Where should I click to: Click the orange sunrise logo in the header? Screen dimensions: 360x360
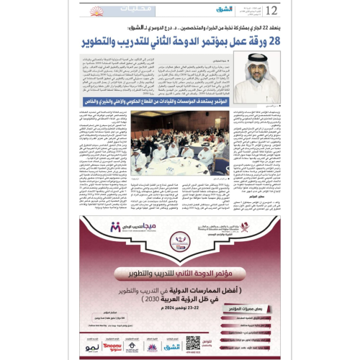point(99,11)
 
